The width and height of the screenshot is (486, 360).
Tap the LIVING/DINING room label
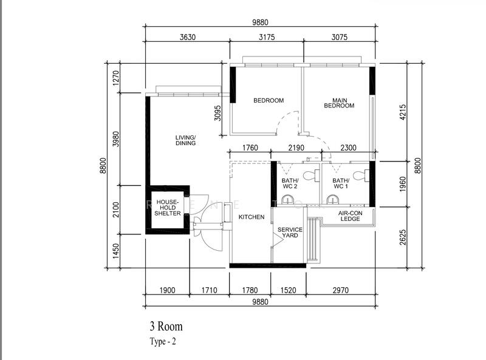pos(185,140)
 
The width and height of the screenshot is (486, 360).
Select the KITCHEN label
pos(251,217)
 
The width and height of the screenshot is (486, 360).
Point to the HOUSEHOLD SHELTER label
pos(167,208)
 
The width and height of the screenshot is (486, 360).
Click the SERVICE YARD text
pos(290,233)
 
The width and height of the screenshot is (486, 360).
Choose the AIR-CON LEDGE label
pos(350,216)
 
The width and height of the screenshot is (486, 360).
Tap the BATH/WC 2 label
pos(289,184)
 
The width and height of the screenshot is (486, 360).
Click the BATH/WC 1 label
pos(340,184)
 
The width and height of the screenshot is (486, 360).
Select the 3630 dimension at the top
pos(188,37)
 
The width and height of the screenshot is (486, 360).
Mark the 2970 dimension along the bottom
pos(340,291)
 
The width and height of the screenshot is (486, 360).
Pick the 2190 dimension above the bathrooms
pos(296,147)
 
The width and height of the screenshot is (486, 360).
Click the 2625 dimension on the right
pos(403,234)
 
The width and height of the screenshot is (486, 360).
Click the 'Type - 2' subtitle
pos(163,341)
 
